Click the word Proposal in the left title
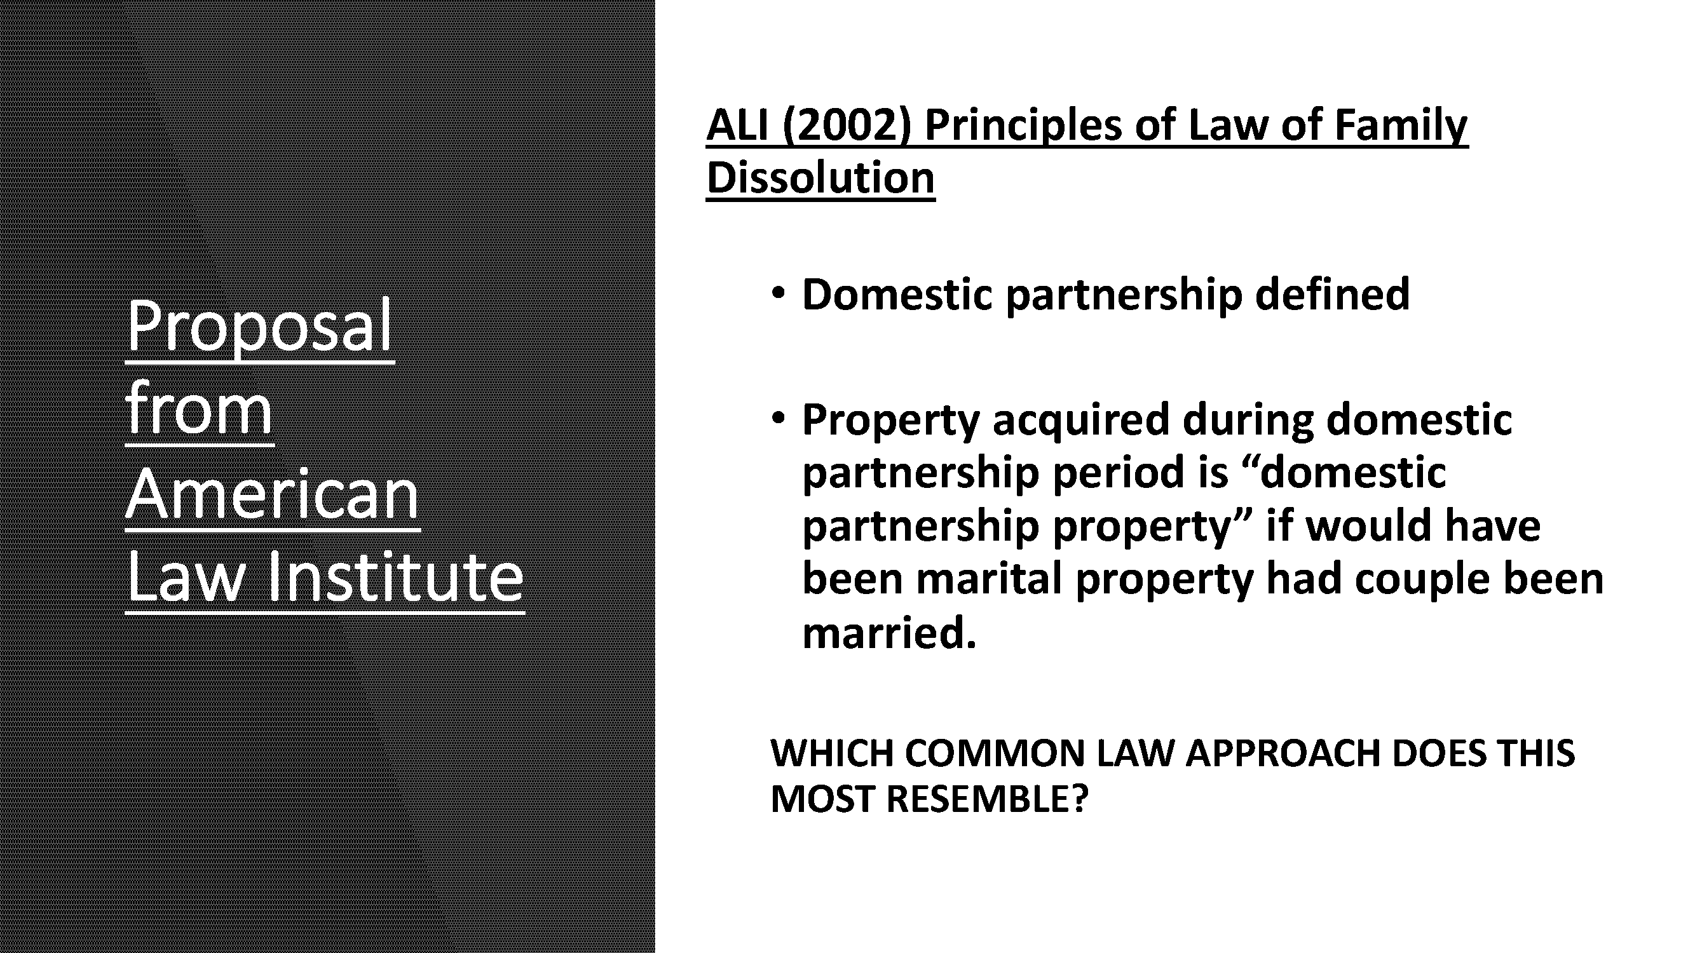[x=259, y=326]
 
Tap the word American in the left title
[x=272, y=494]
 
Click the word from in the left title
[x=199, y=410]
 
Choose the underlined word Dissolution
[x=820, y=178]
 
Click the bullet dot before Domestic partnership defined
[x=779, y=293]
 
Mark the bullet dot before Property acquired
[x=779, y=417]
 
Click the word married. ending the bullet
[x=889, y=633]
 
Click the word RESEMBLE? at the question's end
[x=987, y=799]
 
